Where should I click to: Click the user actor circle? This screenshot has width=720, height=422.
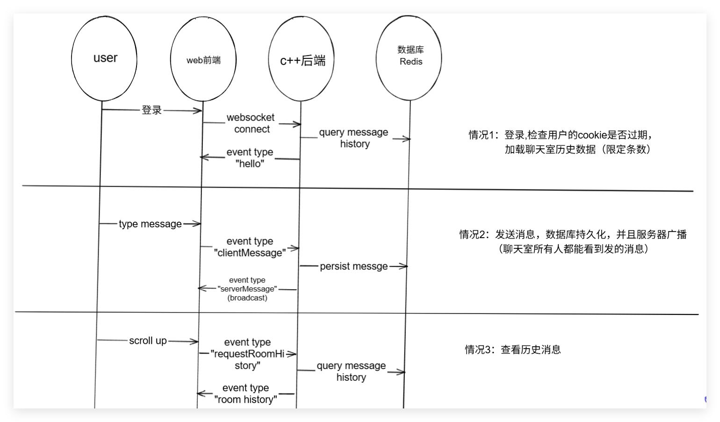105,59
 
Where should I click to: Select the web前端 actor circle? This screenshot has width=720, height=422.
203,59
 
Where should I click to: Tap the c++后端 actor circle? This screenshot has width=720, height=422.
302,59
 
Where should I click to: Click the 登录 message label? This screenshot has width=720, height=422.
152,110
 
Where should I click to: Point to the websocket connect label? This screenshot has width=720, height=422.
252,123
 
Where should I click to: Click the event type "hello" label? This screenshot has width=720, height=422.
250,158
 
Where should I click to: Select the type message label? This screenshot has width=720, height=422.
150,224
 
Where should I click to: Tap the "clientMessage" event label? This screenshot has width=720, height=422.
250,247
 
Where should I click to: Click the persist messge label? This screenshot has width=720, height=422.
354,267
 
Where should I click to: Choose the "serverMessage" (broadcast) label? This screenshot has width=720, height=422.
247,289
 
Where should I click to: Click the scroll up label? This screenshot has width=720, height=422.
148,341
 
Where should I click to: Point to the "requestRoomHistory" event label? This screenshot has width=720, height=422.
247,354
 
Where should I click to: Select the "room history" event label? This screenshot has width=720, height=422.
245,393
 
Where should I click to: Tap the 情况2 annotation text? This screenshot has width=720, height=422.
573,241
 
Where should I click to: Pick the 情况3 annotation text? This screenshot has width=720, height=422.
513,349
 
